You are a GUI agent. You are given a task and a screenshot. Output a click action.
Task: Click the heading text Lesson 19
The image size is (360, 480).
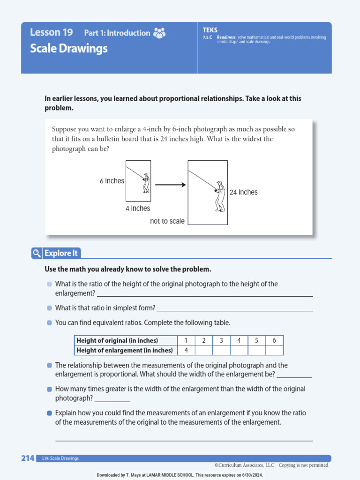[52, 32]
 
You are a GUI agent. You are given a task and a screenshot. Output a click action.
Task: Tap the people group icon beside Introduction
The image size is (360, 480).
[159, 33]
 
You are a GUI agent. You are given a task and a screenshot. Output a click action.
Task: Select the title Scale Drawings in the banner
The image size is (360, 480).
[69, 48]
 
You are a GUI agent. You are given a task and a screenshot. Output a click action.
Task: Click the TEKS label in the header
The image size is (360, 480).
[210, 30]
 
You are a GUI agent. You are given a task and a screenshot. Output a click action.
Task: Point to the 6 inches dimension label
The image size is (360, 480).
[112, 181]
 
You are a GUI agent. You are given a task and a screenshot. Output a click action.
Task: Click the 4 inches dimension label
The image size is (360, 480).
[138, 208]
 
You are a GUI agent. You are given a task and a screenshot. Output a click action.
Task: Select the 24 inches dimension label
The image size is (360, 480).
[243, 192]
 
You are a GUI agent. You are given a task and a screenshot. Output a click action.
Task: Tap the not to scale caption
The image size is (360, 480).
[167, 221]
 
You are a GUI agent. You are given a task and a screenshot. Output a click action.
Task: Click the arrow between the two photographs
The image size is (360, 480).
[170, 185]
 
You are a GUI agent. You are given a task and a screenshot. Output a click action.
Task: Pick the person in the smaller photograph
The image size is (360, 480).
[146, 183]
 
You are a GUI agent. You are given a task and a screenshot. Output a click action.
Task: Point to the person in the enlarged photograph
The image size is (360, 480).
[219, 196]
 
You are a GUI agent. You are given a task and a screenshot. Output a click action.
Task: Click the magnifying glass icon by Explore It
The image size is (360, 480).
[37, 254]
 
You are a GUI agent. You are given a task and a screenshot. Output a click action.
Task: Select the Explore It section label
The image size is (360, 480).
[61, 254]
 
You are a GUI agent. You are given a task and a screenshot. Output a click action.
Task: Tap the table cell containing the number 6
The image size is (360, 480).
[274, 340]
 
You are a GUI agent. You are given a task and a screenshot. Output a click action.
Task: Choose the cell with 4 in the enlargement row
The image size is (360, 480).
[186, 350]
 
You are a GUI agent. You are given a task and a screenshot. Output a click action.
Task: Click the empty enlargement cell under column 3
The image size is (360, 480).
[221, 350]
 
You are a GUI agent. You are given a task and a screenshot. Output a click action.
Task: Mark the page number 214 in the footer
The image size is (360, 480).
[28, 458]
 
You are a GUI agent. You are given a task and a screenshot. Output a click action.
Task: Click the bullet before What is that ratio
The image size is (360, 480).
[50, 308]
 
